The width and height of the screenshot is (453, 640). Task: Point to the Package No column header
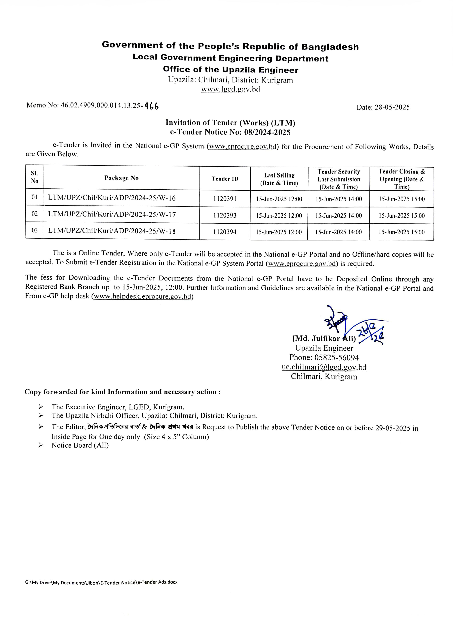[x=121, y=178]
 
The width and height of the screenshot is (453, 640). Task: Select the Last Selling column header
[x=279, y=179]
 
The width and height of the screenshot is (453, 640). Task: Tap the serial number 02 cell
[x=35, y=214]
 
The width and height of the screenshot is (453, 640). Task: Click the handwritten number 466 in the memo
[x=152, y=106]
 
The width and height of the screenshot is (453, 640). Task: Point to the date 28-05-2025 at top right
[x=392, y=107]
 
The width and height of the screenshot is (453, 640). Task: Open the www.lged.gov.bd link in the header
[x=231, y=89]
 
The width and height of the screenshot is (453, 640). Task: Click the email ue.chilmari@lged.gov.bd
[x=324, y=367]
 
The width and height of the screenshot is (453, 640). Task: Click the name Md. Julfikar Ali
[x=324, y=338]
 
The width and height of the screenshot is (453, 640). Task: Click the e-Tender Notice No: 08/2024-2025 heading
[x=230, y=132]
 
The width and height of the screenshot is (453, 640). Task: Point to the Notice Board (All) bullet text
[x=80, y=445]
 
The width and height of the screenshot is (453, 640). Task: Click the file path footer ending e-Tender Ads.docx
[x=101, y=582]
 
